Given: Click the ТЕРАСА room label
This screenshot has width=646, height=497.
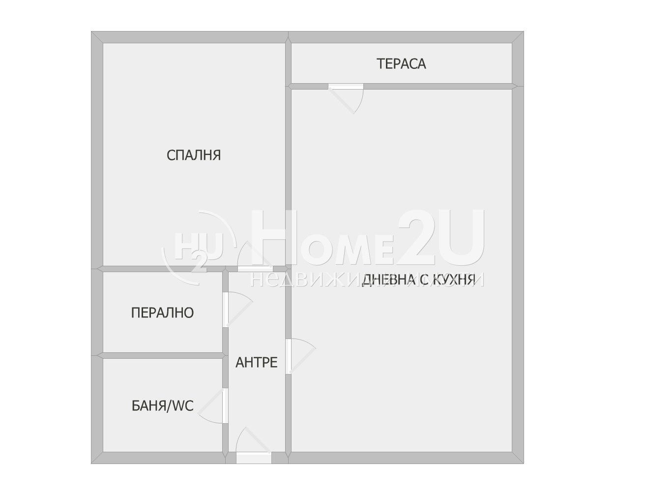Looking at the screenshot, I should click(x=401, y=64).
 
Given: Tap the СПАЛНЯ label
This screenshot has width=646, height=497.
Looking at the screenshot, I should click(x=194, y=155).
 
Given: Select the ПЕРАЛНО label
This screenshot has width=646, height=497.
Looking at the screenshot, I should click(x=162, y=313).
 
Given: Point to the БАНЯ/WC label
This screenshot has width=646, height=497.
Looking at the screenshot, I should click(x=162, y=406).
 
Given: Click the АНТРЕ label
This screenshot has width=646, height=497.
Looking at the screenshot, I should click(x=256, y=363).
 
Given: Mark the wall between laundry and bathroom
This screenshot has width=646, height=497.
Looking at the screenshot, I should click(x=162, y=355).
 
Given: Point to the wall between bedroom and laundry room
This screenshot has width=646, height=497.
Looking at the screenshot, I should click(x=162, y=269).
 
